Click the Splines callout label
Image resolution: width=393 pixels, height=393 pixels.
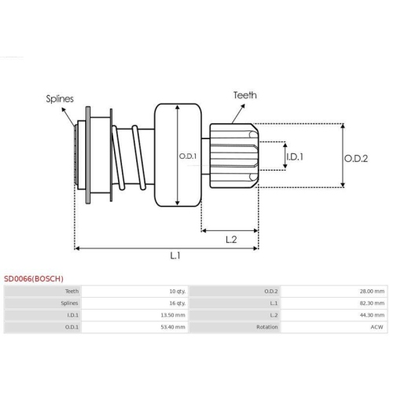(x=60, y=99)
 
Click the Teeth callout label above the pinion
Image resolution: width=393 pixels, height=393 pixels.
(x=244, y=95)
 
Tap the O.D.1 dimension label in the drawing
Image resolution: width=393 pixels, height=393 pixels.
(x=188, y=156)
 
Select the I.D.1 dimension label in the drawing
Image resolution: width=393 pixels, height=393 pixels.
(x=295, y=156)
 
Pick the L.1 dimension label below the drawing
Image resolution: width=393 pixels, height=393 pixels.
(x=175, y=255)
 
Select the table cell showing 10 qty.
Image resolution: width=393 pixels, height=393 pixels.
(x=176, y=291)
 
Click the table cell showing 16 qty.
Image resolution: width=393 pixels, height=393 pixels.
(x=176, y=303)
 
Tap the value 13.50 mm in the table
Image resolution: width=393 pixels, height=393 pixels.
(x=172, y=314)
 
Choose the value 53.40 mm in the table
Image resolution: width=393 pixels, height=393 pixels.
(x=172, y=326)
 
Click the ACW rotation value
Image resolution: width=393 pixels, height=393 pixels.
(x=378, y=326)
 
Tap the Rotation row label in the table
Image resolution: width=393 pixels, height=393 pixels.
(x=267, y=326)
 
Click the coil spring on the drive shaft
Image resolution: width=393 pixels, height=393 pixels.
(x=130, y=156)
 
